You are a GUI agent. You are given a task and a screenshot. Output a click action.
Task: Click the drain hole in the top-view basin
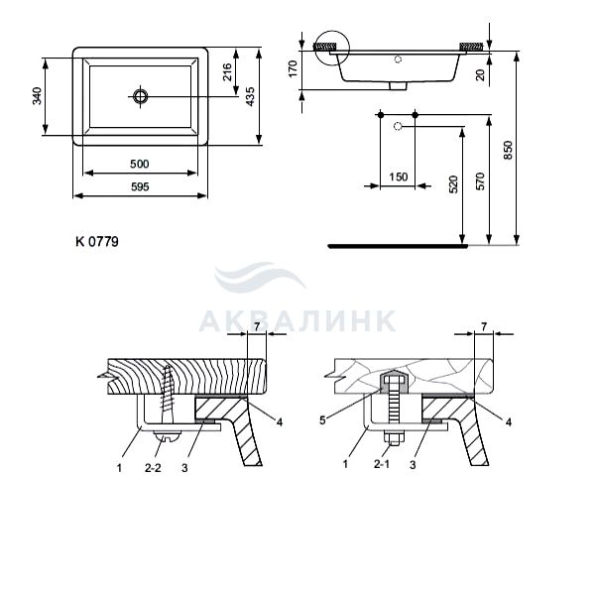pyautogui.click(x=141, y=96)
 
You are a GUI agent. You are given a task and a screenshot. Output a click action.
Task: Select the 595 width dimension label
pyautogui.click(x=140, y=186)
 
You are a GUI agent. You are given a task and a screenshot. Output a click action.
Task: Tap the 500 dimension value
pyautogui.click(x=140, y=164)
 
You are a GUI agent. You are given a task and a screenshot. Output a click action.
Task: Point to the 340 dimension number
pyautogui.click(x=38, y=96)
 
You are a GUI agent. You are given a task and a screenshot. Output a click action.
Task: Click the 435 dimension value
pyautogui.click(x=250, y=96)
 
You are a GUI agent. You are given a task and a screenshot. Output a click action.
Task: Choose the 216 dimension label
pyautogui.click(x=227, y=71)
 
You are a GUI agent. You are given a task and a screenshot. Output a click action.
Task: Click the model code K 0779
pyautogui.click(x=97, y=241)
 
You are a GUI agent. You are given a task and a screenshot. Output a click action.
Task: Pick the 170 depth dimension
pyautogui.click(x=294, y=68)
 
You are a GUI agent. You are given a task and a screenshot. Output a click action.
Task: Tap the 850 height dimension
pyautogui.click(x=508, y=151)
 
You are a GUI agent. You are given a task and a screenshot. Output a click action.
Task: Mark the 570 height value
pyautogui.click(x=480, y=181)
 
